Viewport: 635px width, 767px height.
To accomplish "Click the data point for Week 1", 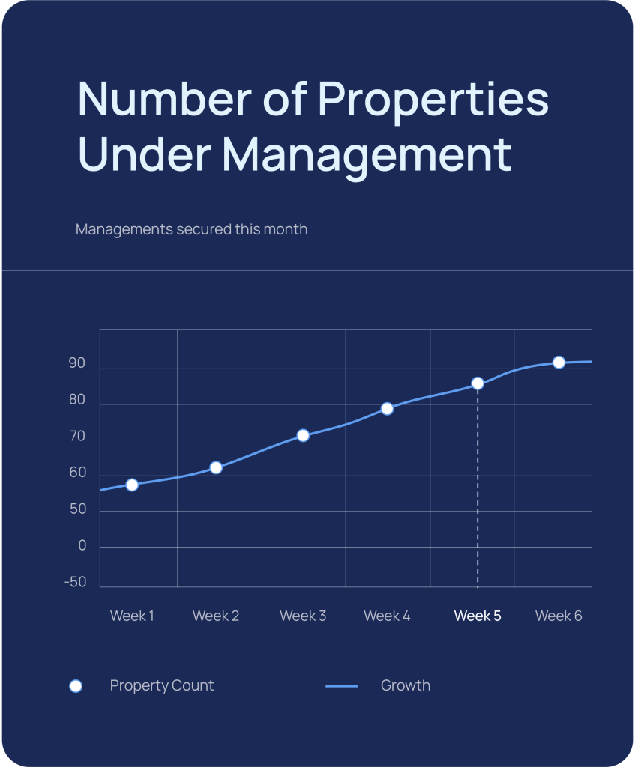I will tap(132, 485).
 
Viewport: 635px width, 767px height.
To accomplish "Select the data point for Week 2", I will tap(216, 467).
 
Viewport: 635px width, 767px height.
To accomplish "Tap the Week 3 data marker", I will tap(303, 435).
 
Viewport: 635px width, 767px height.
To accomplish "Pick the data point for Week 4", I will tap(387, 408).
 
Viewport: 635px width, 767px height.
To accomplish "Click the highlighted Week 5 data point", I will tap(478, 383).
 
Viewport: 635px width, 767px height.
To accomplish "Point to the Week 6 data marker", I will tap(559, 362).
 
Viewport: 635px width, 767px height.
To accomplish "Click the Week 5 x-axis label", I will tap(478, 616).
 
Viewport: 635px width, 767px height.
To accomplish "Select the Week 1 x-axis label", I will tap(132, 616).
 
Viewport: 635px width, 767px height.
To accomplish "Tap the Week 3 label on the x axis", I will tap(303, 616).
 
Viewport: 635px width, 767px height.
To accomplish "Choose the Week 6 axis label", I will tap(559, 616).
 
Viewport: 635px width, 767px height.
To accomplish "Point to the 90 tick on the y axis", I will tap(77, 364).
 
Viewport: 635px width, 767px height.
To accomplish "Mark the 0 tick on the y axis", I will tap(82, 547).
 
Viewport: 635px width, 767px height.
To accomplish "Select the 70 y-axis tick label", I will tap(77, 437).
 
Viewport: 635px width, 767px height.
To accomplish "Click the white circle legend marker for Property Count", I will tap(76, 686).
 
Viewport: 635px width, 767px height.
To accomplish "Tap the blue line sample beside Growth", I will tap(342, 686).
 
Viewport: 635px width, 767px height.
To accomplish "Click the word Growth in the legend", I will tap(406, 686).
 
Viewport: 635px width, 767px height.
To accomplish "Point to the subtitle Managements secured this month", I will tap(192, 229).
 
